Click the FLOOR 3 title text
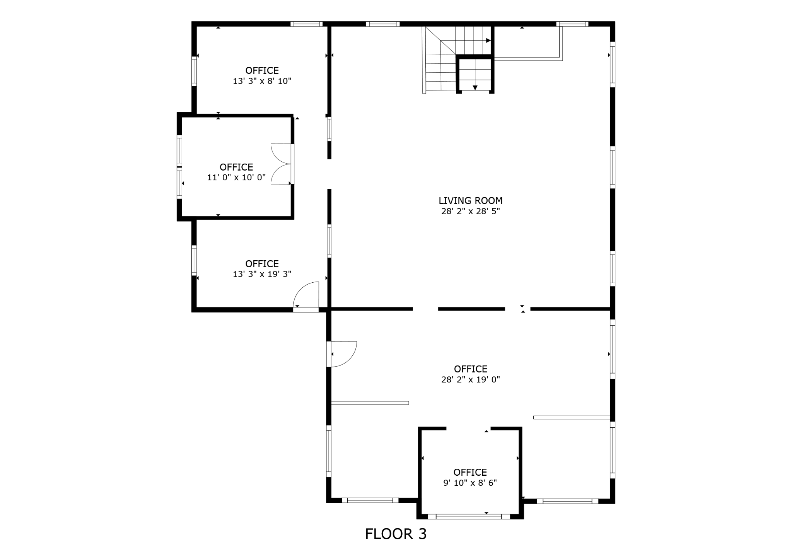[x=396, y=534]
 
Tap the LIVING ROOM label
[x=470, y=200]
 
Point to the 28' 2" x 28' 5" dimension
[x=470, y=211]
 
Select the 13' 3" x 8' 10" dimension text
[x=262, y=81]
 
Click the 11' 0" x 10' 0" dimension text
[x=236, y=178]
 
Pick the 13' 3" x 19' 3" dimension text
[x=262, y=274]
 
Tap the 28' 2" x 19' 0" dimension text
[x=470, y=379]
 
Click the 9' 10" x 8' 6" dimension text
[x=470, y=483]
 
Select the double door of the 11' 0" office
[x=281, y=164]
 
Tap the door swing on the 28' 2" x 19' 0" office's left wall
[x=342, y=354]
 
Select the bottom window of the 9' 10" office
[x=469, y=516]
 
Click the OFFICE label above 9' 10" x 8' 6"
[x=470, y=472]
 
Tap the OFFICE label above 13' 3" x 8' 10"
[x=262, y=70]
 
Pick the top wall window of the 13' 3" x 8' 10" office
[x=306, y=24]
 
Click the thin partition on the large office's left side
[x=370, y=403]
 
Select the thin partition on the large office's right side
[x=572, y=417]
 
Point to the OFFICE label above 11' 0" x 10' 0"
[x=236, y=167]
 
